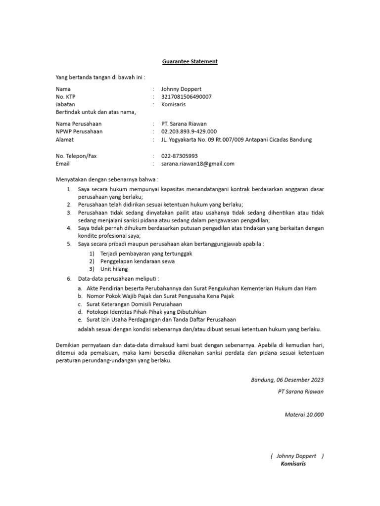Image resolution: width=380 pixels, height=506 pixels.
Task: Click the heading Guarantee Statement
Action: click(x=190, y=62)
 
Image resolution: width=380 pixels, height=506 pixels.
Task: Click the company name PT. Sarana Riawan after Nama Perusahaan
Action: click(x=184, y=124)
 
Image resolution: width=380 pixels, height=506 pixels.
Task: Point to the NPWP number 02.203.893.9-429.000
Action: click(x=189, y=131)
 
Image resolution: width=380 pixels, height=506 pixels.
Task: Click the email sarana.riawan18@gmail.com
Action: click(x=197, y=164)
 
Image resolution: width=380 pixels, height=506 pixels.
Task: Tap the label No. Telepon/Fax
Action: click(x=76, y=156)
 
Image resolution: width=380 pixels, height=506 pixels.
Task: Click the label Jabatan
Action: click(x=65, y=105)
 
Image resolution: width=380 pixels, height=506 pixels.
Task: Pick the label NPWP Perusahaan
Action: click(x=79, y=131)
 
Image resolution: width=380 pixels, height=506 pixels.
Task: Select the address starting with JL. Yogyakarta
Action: click(x=237, y=140)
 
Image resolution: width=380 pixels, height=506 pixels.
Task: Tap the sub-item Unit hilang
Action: click(x=114, y=269)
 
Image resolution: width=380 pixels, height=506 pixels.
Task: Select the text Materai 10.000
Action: click(x=304, y=415)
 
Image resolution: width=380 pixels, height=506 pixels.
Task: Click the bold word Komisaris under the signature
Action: click(x=293, y=464)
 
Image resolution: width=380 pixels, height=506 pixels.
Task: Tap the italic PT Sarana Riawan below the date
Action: click(x=301, y=391)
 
